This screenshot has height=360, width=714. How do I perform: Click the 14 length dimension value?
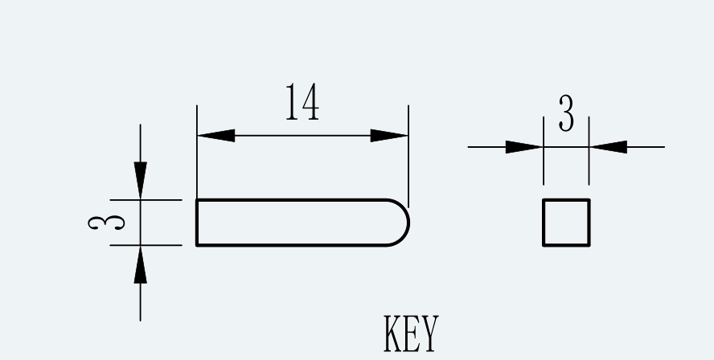tap(302, 102)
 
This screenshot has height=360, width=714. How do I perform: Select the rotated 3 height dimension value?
tap(106, 223)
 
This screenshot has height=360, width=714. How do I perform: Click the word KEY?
tap(411, 333)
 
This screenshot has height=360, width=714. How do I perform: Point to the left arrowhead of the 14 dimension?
tap(216, 136)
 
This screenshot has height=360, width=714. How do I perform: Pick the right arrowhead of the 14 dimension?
tap(389, 136)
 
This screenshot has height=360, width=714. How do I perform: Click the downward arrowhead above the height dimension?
tap(140, 180)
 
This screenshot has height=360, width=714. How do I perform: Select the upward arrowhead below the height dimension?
tap(140, 264)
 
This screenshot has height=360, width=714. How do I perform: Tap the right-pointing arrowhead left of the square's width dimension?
tap(524, 147)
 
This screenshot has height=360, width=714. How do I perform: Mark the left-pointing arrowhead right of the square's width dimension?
tap(609, 147)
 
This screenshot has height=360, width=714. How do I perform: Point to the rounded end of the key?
tap(408, 223)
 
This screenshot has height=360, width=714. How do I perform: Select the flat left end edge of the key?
tap(197, 223)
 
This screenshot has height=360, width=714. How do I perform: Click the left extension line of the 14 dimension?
tap(197, 152)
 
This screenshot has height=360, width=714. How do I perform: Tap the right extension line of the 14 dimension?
tap(408, 156)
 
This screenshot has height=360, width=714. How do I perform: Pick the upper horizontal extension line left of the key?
tap(146, 200)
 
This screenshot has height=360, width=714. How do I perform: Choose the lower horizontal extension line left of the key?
tap(146, 245)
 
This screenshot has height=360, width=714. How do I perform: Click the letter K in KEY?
tap(392, 333)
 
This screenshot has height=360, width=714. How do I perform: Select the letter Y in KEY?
tap(430, 333)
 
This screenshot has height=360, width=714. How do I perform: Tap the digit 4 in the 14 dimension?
tap(310, 102)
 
